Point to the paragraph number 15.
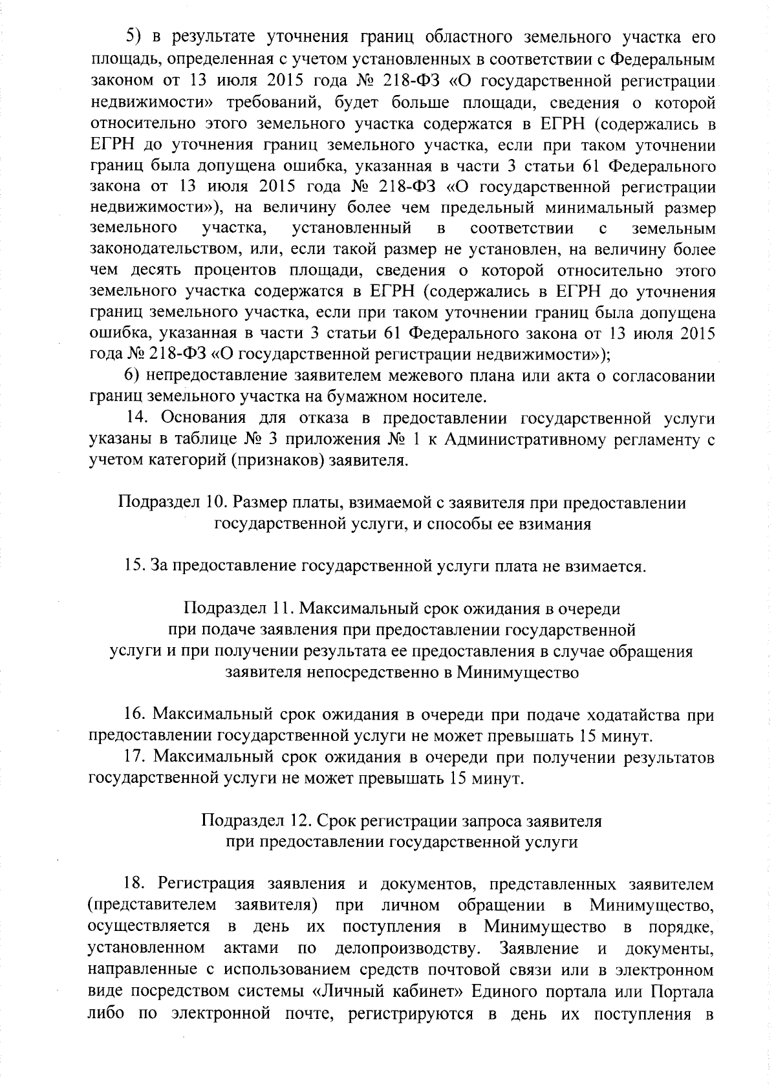(x=135, y=567)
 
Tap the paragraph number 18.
(x=136, y=884)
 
